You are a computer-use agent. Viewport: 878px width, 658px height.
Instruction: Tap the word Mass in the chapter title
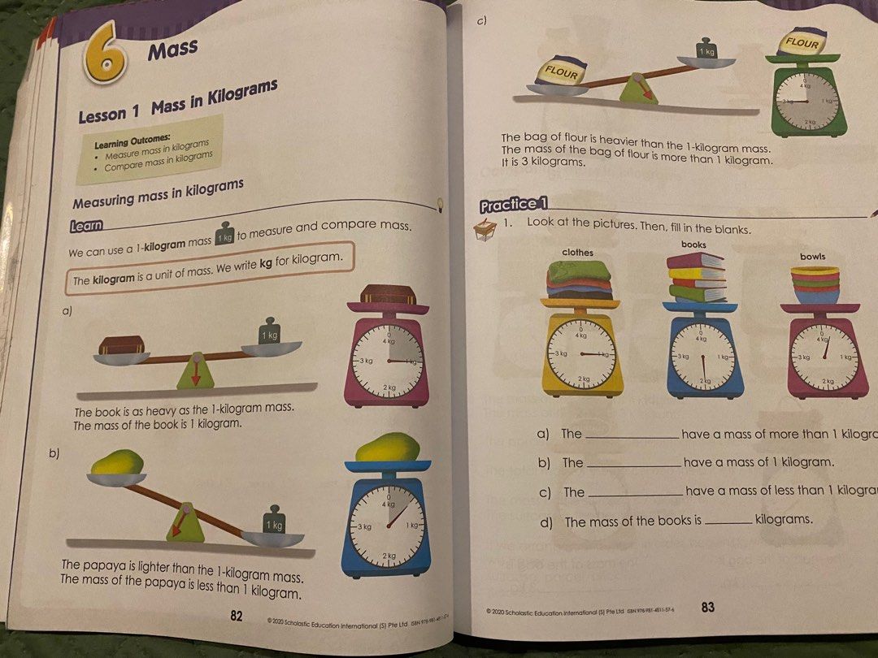tap(172, 50)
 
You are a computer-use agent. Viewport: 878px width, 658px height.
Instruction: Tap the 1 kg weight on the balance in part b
tap(274, 524)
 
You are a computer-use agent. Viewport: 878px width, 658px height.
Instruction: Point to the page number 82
tap(237, 616)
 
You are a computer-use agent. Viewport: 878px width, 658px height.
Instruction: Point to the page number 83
tap(707, 607)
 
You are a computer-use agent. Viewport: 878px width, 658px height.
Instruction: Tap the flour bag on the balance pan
tap(561, 74)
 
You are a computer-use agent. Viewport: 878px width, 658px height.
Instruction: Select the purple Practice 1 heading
tap(514, 205)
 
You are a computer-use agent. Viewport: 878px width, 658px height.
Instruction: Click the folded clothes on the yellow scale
tap(579, 279)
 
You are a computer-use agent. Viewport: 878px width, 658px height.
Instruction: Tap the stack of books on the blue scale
tap(696, 275)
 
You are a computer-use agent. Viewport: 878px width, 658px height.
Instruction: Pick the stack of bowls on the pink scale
tap(815, 284)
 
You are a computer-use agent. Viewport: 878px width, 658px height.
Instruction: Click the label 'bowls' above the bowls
tap(812, 257)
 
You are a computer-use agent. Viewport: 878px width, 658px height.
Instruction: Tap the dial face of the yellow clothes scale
tap(582, 354)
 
